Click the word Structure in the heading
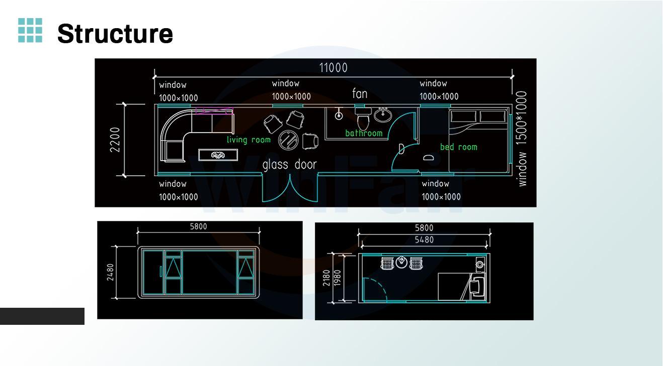115,34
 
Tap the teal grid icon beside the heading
30,31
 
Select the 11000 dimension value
333,68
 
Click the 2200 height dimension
115,140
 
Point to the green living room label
248,140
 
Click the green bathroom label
364,133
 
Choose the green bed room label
458,147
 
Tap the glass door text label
290,165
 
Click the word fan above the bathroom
360,94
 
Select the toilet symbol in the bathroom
363,119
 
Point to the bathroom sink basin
382,115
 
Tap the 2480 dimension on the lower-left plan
110,272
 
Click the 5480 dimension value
424,240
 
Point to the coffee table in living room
218,155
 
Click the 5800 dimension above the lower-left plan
198,226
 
